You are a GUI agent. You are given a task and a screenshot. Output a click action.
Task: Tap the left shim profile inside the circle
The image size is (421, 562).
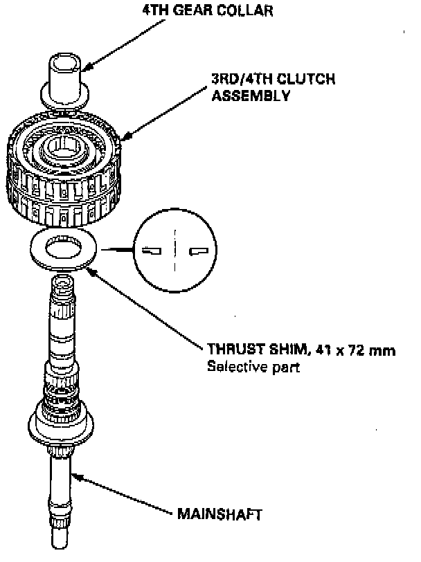point(149,251)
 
